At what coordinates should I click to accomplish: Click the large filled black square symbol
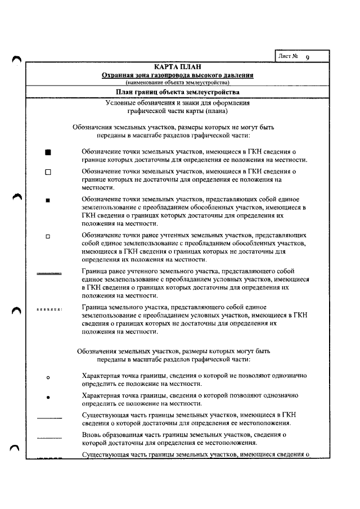click(x=48, y=152)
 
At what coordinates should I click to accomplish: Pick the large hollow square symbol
click(x=48, y=173)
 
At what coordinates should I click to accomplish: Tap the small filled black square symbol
click(x=48, y=200)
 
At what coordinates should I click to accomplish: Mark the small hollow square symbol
click(x=48, y=236)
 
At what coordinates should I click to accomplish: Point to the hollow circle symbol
click(x=48, y=377)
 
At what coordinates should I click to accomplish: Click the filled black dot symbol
click(x=48, y=397)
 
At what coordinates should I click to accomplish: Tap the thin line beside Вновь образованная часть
click(x=49, y=437)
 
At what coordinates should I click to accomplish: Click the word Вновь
click(x=92, y=435)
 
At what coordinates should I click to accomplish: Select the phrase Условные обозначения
click(x=137, y=103)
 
